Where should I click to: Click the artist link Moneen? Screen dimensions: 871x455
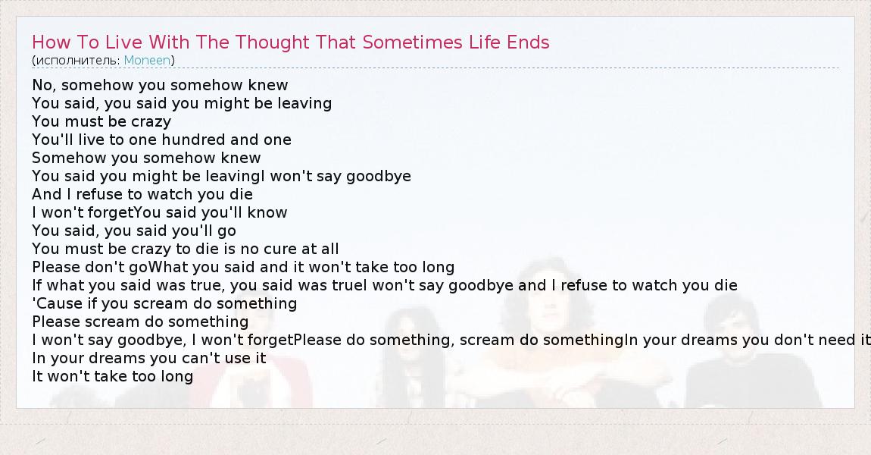pyautogui.click(x=147, y=60)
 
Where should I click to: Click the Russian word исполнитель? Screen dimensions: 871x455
pyautogui.click(x=76, y=60)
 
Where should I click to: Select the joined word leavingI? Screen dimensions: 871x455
pyautogui.click(x=236, y=177)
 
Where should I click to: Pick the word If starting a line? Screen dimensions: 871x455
pyautogui.click(x=36, y=285)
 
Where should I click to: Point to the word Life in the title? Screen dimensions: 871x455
pyautogui.click(x=485, y=42)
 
